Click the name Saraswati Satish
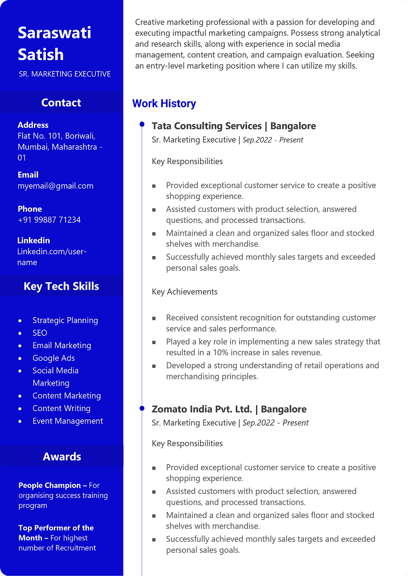(x=54, y=44)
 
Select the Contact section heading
(x=61, y=103)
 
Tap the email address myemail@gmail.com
(x=56, y=186)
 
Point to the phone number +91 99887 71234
(x=49, y=220)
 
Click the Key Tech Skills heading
(x=61, y=286)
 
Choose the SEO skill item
(x=40, y=333)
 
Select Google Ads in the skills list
(x=54, y=358)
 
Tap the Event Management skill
(x=68, y=421)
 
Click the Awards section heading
(x=62, y=456)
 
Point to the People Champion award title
(x=50, y=485)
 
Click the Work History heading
(x=164, y=104)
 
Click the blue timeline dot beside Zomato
(x=142, y=408)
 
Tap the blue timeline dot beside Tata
(x=142, y=125)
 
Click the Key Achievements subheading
(x=184, y=292)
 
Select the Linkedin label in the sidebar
(x=34, y=241)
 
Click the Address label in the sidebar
(x=33, y=125)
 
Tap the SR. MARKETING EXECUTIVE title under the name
(x=65, y=74)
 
